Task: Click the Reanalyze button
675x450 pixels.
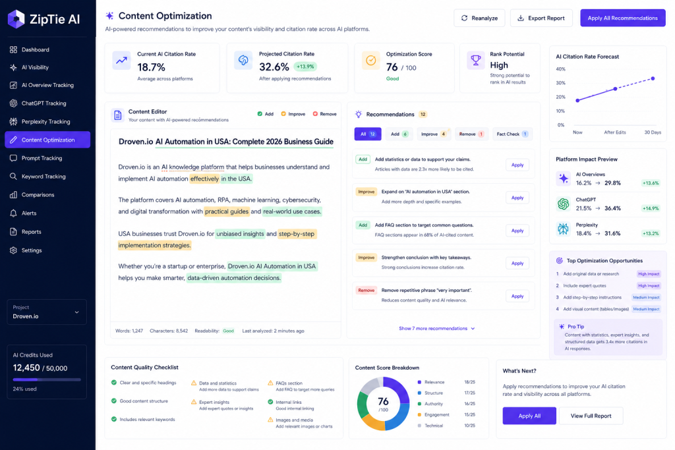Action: point(479,18)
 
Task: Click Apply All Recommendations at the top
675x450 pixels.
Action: point(622,18)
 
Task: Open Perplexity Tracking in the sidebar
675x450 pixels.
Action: point(45,122)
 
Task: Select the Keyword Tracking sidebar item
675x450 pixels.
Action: point(44,177)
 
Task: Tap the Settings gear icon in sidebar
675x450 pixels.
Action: point(13,250)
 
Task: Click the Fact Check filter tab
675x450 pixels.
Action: point(512,134)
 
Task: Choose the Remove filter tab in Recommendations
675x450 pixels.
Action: point(471,134)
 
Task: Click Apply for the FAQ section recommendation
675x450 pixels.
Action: point(517,231)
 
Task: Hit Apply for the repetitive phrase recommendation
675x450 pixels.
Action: point(517,296)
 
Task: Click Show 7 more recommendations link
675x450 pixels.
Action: point(437,328)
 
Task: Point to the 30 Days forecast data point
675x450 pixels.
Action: point(653,78)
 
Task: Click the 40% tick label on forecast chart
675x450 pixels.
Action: point(560,69)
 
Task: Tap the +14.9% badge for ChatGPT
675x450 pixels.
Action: point(651,208)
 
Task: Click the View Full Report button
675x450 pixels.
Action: point(591,416)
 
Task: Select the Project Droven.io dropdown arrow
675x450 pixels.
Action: point(76,312)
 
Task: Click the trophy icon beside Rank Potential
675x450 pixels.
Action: point(476,60)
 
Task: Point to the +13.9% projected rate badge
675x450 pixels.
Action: point(305,67)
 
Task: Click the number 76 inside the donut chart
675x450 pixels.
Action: point(383,401)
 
